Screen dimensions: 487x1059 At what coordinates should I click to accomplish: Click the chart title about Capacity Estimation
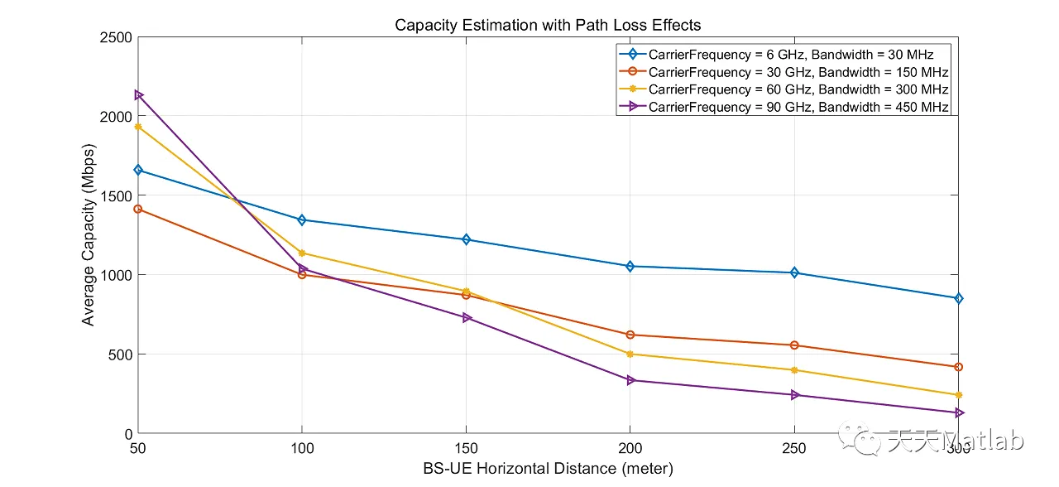tap(548, 25)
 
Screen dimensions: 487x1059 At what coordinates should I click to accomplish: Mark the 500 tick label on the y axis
tap(121, 354)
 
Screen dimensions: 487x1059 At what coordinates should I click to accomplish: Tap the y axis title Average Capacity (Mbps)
tap(88, 235)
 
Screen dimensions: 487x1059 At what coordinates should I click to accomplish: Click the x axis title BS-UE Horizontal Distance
tap(548, 469)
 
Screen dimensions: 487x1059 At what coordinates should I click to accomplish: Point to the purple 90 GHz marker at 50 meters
tap(138, 95)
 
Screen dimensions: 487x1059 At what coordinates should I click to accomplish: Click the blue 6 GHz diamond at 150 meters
tap(466, 239)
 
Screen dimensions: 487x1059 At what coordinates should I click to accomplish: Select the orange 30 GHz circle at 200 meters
tap(630, 335)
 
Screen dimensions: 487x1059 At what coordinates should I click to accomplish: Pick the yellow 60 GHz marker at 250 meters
tap(794, 370)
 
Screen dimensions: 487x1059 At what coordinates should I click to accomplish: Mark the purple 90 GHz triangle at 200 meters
tap(630, 380)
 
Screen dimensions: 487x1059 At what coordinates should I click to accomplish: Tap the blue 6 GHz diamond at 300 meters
tap(959, 298)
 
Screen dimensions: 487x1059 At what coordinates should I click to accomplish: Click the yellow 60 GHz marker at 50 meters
tap(138, 127)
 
